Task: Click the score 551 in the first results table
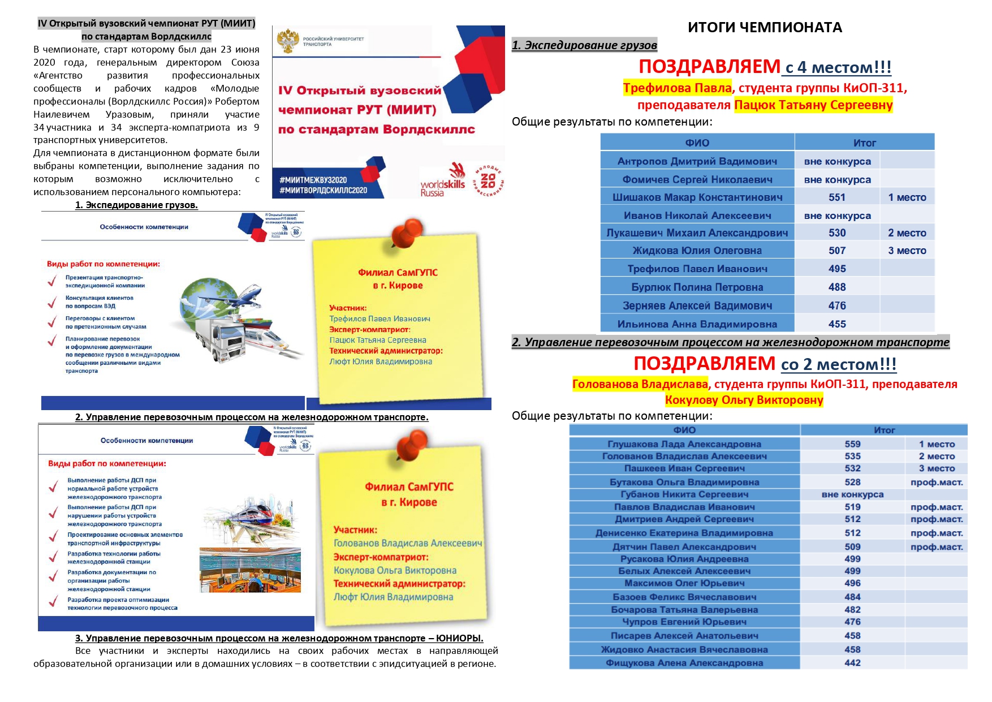coord(836,197)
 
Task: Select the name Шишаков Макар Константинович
coord(697,197)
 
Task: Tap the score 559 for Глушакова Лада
coord(852,444)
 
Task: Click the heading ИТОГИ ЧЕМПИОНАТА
coord(765,27)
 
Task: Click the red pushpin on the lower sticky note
coord(411,446)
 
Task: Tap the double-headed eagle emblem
coord(288,41)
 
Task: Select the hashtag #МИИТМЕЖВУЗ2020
coord(313,180)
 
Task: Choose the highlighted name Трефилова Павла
coord(677,88)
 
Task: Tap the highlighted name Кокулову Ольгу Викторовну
coord(744,400)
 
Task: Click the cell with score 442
coord(852,662)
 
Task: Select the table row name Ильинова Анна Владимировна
coord(697,324)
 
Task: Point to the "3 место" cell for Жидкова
coord(907,251)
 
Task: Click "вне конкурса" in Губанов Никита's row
coord(852,494)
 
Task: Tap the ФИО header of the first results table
coord(697,143)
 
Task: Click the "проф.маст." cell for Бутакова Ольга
coord(936,482)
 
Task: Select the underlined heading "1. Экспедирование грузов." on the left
coord(136,205)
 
